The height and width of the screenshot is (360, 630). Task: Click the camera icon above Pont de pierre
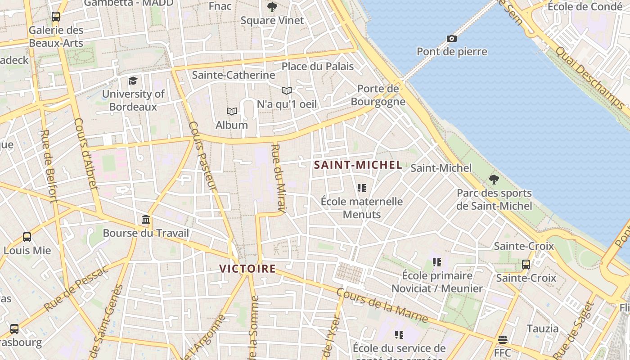(452, 39)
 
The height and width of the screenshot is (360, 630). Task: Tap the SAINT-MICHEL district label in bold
(358, 165)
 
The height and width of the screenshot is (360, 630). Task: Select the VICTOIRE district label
(247, 269)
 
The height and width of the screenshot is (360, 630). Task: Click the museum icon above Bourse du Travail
(146, 220)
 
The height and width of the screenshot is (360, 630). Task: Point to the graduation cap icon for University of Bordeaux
(133, 81)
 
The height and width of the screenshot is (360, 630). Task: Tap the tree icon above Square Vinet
(272, 7)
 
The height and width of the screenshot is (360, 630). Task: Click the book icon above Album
(232, 111)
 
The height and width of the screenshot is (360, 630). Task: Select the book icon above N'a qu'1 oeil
(287, 90)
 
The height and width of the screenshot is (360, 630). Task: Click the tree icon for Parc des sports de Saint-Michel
(494, 180)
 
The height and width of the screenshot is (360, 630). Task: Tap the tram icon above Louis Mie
(27, 237)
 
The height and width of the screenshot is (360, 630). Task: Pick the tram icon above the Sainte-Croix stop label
(526, 264)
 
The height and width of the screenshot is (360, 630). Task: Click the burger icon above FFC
(503, 339)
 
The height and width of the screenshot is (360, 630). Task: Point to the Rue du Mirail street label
(279, 178)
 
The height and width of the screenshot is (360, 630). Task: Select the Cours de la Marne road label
(382, 306)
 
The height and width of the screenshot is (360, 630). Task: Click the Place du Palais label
(318, 67)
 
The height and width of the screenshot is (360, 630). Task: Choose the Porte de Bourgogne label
(378, 95)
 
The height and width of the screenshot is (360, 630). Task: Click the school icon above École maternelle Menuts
(362, 188)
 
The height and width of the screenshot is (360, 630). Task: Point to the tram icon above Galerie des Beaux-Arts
(56, 17)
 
